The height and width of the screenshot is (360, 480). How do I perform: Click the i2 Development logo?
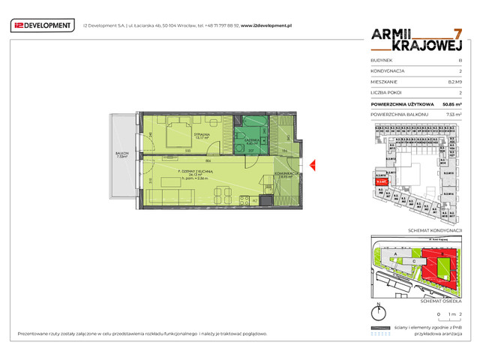[43, 25]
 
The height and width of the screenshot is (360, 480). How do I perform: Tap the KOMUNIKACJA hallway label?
[287, 173]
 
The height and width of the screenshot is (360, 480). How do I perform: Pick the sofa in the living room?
[169, 196]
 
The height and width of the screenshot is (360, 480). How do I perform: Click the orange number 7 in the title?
[458, 34]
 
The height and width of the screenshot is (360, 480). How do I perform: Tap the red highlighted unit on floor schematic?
[381, 181]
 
